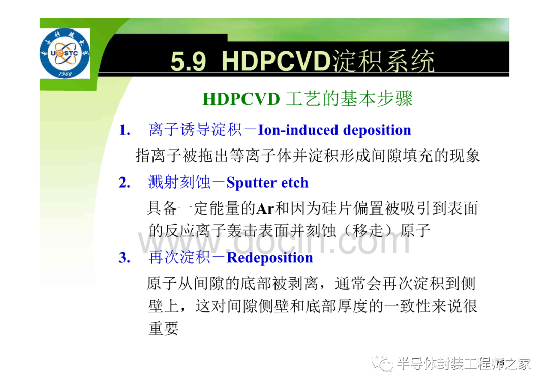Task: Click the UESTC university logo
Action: point(65,53)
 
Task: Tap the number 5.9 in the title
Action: point(189,62)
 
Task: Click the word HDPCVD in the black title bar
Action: point(276,62)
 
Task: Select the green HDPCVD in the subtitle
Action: point(241,99)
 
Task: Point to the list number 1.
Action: point(125,130)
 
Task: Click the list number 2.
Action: point(125,183)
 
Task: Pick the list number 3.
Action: point(125,258)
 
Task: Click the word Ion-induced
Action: point(298,130)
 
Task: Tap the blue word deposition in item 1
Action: point(377,130)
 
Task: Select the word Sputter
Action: point(252,183)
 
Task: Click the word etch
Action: point(295,183)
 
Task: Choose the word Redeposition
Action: point(270,258)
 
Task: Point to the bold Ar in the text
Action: point(265,209)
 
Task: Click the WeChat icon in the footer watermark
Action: point(382,364)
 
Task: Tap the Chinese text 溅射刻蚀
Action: point(179,183)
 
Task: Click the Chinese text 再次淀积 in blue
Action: point(179,258)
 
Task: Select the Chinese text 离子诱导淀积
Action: point(195,130)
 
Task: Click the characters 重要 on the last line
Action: point(164,329)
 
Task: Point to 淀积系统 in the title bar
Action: point(384,62)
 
